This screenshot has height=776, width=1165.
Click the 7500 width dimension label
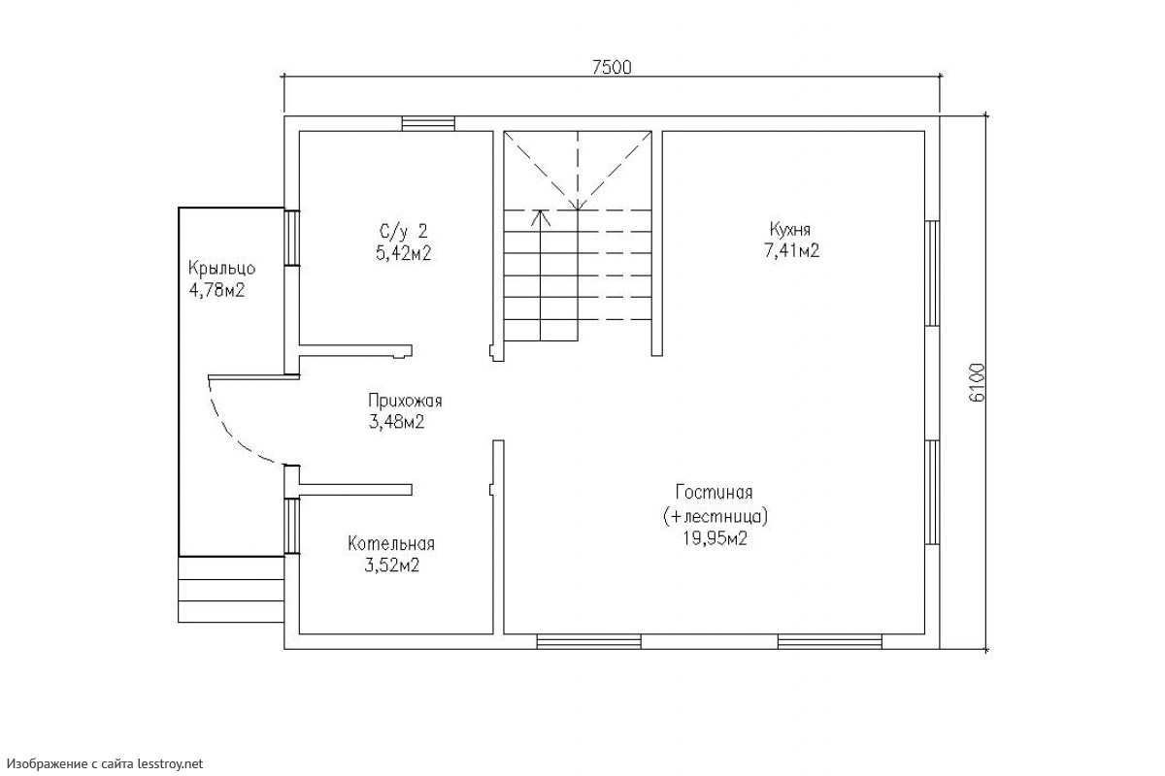[612, 68]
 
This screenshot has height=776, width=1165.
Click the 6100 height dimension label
[978, 382]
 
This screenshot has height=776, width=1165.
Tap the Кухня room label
[790, 229]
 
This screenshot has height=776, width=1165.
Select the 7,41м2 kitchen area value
[791, 250]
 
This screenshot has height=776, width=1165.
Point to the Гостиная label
[715, 492]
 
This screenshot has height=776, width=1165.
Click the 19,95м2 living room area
[716, 538]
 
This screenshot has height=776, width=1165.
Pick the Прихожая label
[405, 401]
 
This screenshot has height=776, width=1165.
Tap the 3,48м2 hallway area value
[397, 422]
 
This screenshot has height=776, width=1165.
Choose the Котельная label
[391, 543]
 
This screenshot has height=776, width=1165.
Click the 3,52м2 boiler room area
[392, 565]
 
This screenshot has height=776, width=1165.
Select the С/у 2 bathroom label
[404, 230]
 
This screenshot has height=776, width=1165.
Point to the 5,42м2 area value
[404, 253]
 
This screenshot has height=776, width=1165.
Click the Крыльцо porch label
[221, 268]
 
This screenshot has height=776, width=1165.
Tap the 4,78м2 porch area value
[216, 290]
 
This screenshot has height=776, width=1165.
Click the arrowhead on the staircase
[541, 217]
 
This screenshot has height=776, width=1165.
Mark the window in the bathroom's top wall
[428, 124]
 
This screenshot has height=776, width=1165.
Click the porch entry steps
[231, 590]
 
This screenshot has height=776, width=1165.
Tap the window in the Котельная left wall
[292, 526]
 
